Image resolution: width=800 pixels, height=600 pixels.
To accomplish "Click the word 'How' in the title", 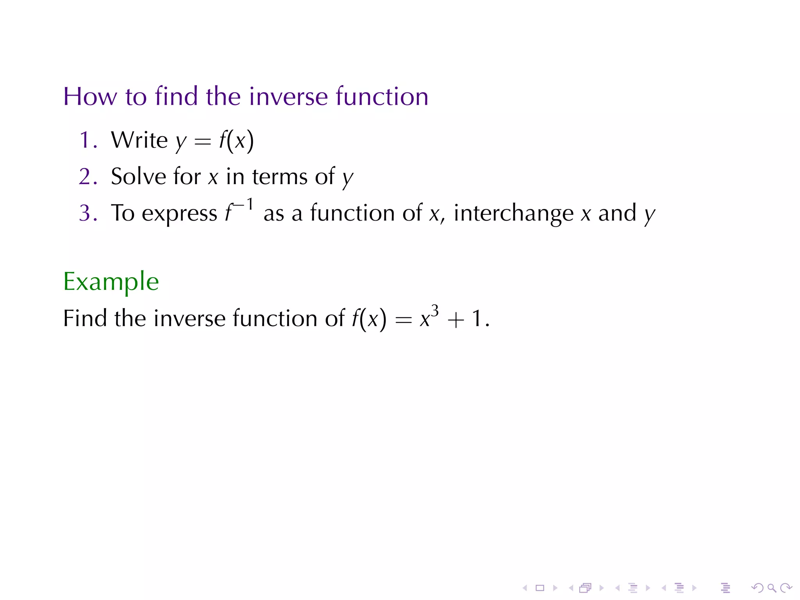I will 90,96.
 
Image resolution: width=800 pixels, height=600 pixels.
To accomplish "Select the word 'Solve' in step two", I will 138,176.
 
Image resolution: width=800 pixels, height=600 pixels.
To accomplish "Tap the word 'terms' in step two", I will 280,177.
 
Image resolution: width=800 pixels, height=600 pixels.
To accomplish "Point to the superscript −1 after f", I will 244,204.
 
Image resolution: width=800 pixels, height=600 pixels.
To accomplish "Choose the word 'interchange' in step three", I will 513,213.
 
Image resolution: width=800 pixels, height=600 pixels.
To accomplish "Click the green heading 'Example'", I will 111,282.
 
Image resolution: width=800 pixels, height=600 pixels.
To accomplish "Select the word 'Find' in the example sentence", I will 85,318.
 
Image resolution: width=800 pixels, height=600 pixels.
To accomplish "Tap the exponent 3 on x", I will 435,311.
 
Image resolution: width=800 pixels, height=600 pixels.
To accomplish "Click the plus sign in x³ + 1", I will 456,320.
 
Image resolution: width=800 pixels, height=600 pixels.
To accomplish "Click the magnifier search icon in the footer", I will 771,588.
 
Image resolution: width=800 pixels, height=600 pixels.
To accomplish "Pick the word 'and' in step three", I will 617,213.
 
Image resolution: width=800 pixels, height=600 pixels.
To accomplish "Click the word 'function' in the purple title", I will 382,96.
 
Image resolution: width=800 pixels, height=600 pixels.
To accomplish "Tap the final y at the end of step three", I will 650,215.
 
